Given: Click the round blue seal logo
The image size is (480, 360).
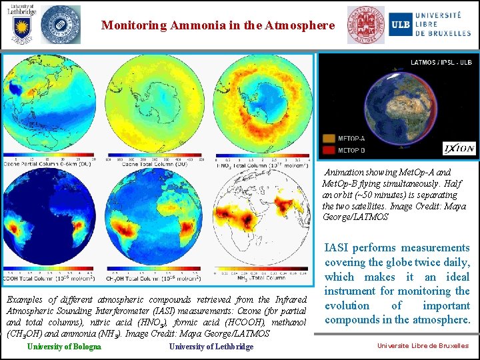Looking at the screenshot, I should [x=60, y=25].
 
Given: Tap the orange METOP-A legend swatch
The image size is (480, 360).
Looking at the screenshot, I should [x=329, y=139].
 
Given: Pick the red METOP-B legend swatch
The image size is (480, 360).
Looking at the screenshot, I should [x=329, y=150].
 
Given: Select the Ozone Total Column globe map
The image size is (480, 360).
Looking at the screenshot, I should [x=157, y=107].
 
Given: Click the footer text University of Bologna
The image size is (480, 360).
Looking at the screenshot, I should [x=64, y=347].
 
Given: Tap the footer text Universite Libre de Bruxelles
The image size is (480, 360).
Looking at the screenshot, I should [x=423, y=346].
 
